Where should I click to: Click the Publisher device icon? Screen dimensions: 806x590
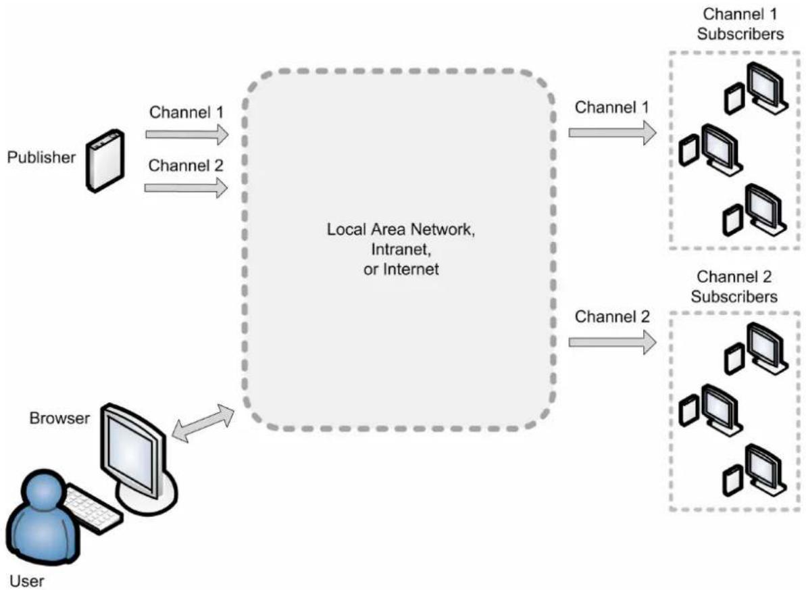click(x=105, y=160)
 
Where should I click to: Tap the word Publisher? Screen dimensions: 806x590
click(x=41, y=157)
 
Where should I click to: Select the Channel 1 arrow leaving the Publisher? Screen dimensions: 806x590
click(x=186, y=134)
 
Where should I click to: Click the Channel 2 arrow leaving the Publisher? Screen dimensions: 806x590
click(x=186, y=188)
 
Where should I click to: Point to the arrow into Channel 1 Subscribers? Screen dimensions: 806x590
click(x=612, y=132)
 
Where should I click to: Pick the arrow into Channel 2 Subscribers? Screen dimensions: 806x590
click(x=612, y=342)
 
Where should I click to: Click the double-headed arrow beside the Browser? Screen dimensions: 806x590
click(x=203, y=423)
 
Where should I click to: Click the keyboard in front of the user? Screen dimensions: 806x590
click(x=93, y=509)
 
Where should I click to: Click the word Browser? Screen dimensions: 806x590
click(x=59, y=418)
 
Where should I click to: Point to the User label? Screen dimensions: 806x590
click(x=27, y=581)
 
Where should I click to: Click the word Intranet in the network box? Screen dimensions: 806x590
click(x=401, y=249)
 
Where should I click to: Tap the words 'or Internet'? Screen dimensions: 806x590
click(x=401, y=269)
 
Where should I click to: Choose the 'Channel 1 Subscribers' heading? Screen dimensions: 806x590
click(x=740, y=24)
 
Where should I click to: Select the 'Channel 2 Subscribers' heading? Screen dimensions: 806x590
click(x=734, y=287)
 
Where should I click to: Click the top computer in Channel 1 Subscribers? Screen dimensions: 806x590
click(x=755, y=89)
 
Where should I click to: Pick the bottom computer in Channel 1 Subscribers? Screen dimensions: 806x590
click(x=755, y=210)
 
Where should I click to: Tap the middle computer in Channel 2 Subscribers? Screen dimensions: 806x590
click(x=711, y=410)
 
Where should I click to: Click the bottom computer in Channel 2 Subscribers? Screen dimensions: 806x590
click(x=755, y=470)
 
